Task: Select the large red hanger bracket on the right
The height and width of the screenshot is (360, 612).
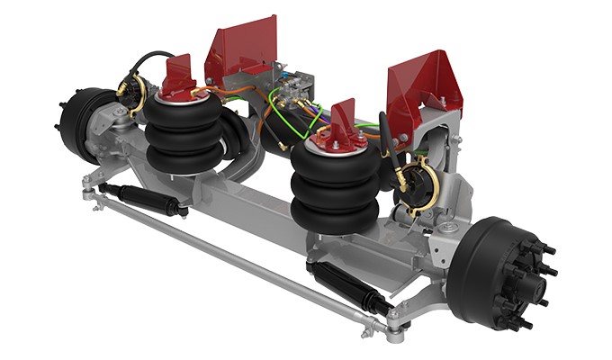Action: point(423,86)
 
